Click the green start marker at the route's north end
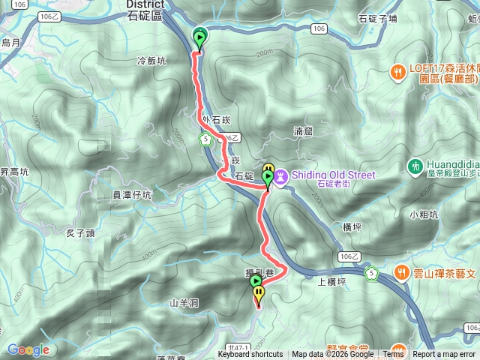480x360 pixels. coord(200,36)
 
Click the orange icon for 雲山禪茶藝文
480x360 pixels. coord(403,273)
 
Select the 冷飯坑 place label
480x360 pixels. coord(151,61)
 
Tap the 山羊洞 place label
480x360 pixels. coord(184,302)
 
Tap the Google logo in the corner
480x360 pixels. coord(28,349)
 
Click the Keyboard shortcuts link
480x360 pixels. coord(250,355)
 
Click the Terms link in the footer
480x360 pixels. coord(393,355)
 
